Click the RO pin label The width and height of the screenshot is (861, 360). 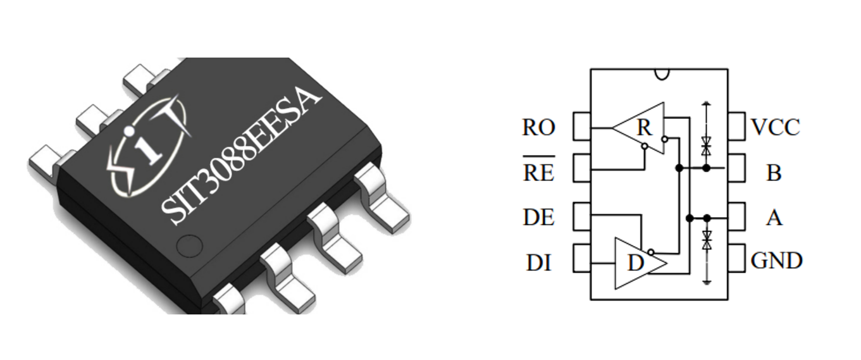[x=538, y=128]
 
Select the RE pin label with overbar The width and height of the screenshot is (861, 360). [x=538, y=171]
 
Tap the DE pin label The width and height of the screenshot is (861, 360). [x=538, y=218]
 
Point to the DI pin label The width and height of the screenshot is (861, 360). [x=538, y=262]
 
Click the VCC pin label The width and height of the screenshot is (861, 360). [x=775, y=127]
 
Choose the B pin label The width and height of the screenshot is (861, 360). [x=774, y=173]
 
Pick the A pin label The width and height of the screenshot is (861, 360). [x=774, y=218]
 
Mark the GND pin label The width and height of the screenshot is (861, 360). [x=776, y=261]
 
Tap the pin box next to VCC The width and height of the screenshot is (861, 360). [x=736, y=127]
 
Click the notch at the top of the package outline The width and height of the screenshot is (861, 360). [x=661, y=74]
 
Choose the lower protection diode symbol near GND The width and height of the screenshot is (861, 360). [x=707, y=240]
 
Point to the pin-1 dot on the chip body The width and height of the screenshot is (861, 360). [x=189, y=246]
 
